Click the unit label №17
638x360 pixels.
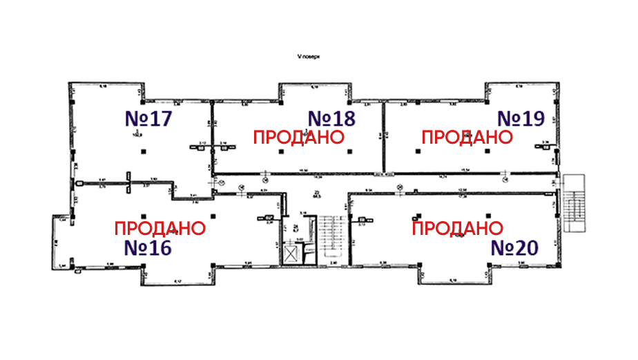coord(148,118)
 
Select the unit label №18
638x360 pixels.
coord(331,118)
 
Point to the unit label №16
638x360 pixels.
coord(148,247)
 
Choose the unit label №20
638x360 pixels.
coord(514,247)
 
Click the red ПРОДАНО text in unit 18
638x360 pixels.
coord(298,137)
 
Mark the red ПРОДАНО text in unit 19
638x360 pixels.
coord(467,137)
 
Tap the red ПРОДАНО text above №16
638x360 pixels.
coord(159,228)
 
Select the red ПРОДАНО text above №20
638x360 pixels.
coord(457,228)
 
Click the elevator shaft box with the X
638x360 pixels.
coord(293,254)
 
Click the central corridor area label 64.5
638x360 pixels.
coord(317,194)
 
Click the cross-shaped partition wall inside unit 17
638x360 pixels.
coord(128,184)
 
